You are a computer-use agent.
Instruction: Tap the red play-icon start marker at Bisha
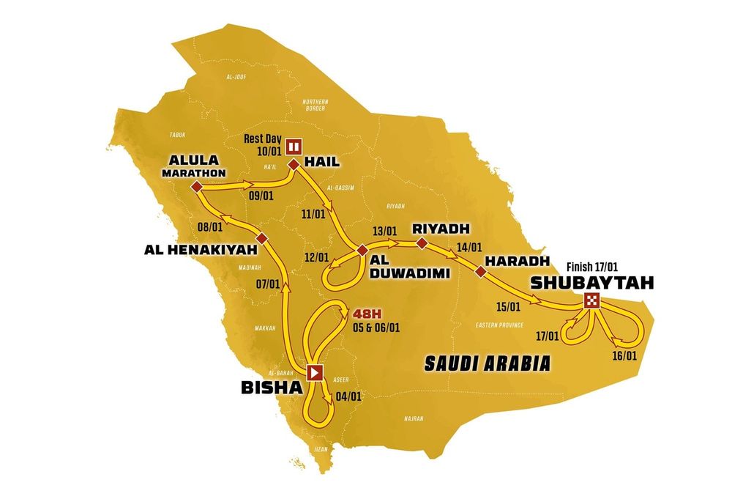pyautogui.click(x=315, y=372)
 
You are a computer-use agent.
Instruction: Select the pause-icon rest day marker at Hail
pyautogui.click(x=294, y=144)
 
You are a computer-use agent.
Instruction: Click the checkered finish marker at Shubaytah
pyautogui.click(x=592, y=300)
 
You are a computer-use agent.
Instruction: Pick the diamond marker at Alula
pyautogui.click(x=196, y=188)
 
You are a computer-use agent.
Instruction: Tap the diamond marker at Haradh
pyautogui.click(x=480, y=272)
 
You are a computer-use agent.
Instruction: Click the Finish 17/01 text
pyautogui.click(x=592, y=267)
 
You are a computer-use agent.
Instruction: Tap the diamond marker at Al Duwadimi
pyautogui.click(x=362, y=251)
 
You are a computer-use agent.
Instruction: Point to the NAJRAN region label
pyautogui.click(x=414, y=420)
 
